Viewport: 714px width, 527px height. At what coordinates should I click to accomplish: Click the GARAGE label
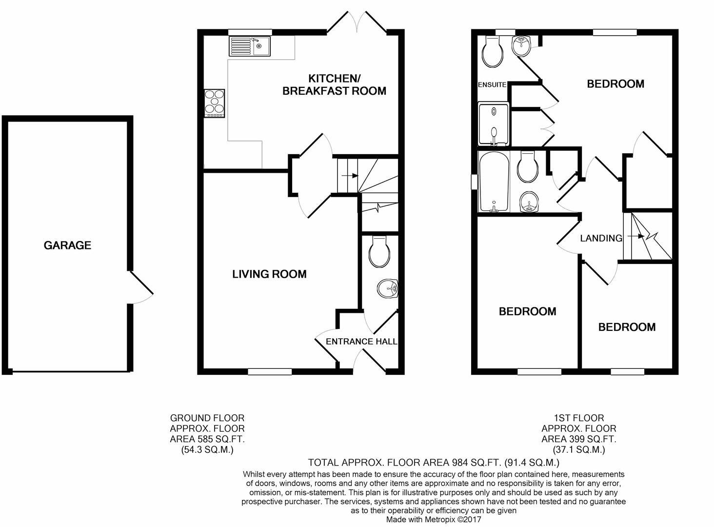point(67,245)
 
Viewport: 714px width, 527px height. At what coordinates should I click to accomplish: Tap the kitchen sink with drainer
point(249,47)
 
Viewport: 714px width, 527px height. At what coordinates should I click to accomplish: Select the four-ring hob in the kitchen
point(215,103)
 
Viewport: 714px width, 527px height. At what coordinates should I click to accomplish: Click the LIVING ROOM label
point(269,274)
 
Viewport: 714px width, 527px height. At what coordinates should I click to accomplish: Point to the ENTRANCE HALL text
point(361,342)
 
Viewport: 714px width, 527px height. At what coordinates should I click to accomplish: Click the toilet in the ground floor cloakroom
point(379,252)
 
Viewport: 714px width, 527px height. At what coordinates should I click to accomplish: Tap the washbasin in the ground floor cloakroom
point(389,289)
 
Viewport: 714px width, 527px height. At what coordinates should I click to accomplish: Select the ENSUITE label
point(492,85)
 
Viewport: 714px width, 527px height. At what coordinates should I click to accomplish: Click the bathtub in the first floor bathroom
point(494,181)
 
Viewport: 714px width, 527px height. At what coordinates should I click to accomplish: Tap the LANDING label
point(601,238)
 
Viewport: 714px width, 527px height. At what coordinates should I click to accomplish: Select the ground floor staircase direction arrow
point(349,175)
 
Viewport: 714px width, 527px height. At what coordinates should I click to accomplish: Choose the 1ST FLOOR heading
point(579,418)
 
